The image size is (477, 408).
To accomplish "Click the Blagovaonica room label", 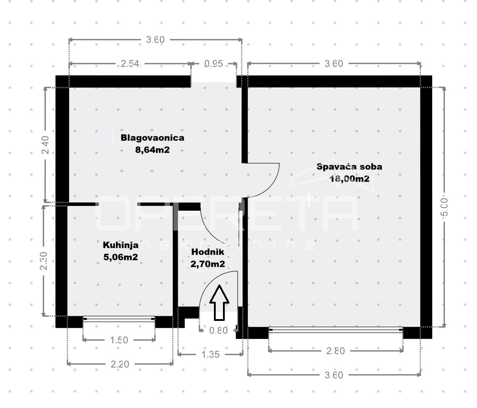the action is [152, 138].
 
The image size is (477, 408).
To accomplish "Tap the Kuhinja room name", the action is [120, 245].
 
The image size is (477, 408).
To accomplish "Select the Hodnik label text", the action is [208, 252].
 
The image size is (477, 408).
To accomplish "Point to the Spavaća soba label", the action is [349, 167].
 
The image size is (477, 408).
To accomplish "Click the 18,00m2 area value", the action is [349, 179].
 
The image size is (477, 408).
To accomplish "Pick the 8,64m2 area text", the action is [152, 150].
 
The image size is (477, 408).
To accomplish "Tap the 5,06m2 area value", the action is [120, 257].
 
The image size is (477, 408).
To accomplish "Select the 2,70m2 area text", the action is [208, 264].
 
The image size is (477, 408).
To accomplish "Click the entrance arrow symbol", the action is [219, 302].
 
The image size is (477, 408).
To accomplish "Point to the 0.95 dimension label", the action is [214, 64].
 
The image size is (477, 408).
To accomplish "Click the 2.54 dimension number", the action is [130, 64].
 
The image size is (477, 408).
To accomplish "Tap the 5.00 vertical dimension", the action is [444, 207].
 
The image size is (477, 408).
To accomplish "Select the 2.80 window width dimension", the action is [336, 351].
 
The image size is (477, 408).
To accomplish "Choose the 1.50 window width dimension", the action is [119, 340].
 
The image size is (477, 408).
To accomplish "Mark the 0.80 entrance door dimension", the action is [218, 331].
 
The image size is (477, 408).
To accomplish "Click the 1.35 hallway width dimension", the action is [210, 355].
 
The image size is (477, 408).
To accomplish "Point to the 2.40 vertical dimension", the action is [45, 145].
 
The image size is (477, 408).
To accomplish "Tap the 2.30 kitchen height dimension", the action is [43, 261].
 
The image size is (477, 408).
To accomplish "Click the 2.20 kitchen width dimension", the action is [120, 364].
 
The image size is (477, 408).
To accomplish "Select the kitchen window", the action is [119, 319].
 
